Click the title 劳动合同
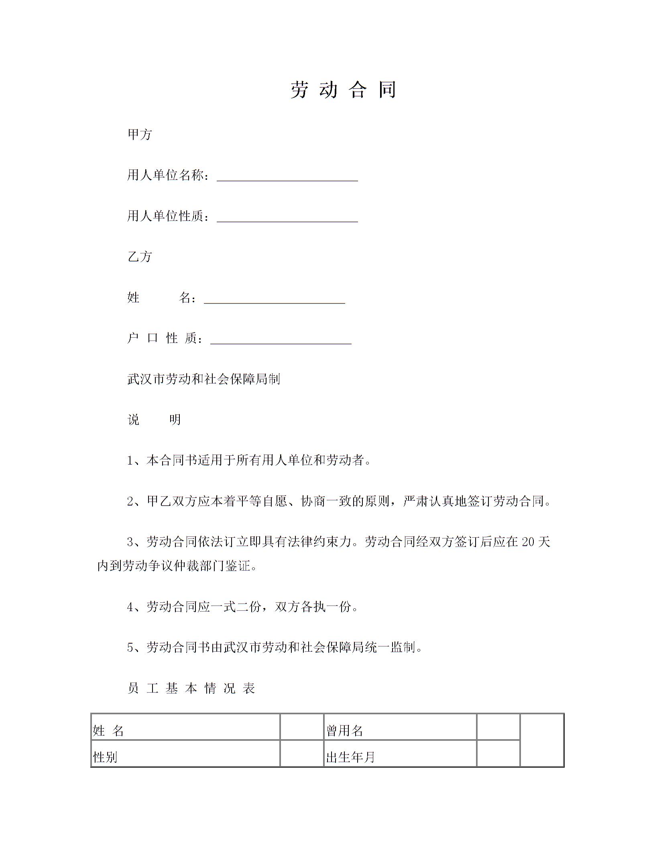344,89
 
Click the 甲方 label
140,134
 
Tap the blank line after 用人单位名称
287,177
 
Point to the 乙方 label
140,257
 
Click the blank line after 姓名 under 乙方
275,299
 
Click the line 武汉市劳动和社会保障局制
203,379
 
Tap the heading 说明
154,420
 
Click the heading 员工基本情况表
191,688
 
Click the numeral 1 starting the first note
130,461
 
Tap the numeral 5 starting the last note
130,647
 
